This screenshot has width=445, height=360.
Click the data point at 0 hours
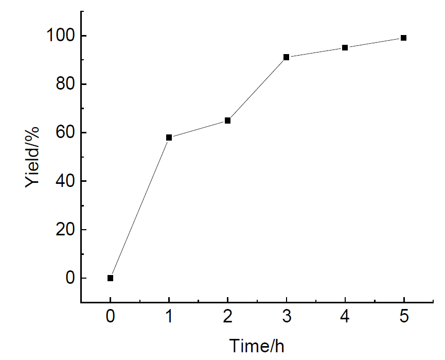pos(110,278)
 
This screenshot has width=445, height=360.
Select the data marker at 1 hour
pos(169,138)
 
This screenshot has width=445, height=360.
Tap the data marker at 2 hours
pos(227,121)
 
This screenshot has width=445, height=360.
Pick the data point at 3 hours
pos(286,57)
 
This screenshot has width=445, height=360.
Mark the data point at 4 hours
pos(345,47)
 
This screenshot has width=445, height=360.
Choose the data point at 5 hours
pos(404,38)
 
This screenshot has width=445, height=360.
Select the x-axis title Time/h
pos(257,346)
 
